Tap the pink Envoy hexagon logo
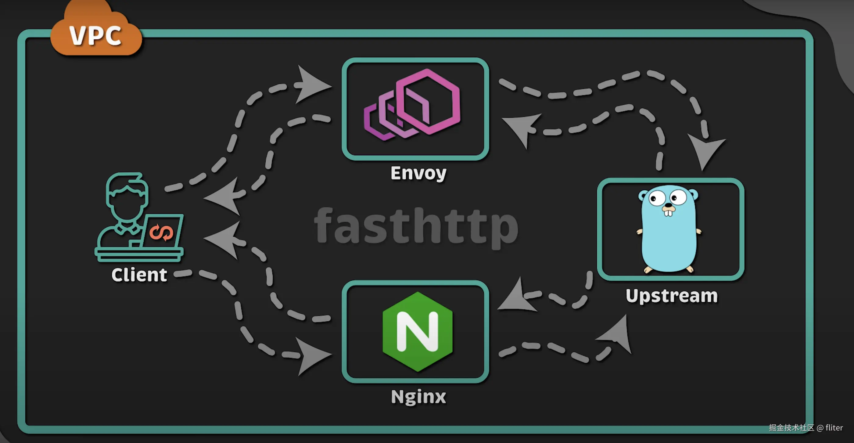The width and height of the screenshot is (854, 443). coord(413,104)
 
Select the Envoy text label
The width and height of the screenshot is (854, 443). coord(418,173)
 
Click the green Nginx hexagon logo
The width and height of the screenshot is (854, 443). coord(417,332)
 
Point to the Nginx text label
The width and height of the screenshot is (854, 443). coord(418,397)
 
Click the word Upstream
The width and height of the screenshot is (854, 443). coord(672,296)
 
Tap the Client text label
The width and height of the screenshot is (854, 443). coord(139,275)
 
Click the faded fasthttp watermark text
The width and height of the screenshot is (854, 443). coord(416,226)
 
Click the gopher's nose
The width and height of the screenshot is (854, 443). coord(668,208)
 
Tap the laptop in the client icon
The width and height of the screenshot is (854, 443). coord(163,232)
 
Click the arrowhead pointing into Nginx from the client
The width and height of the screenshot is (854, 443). coord(312,355)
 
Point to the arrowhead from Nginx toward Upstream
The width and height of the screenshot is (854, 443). coord(617,335)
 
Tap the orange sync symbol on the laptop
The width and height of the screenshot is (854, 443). coord(161,232)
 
